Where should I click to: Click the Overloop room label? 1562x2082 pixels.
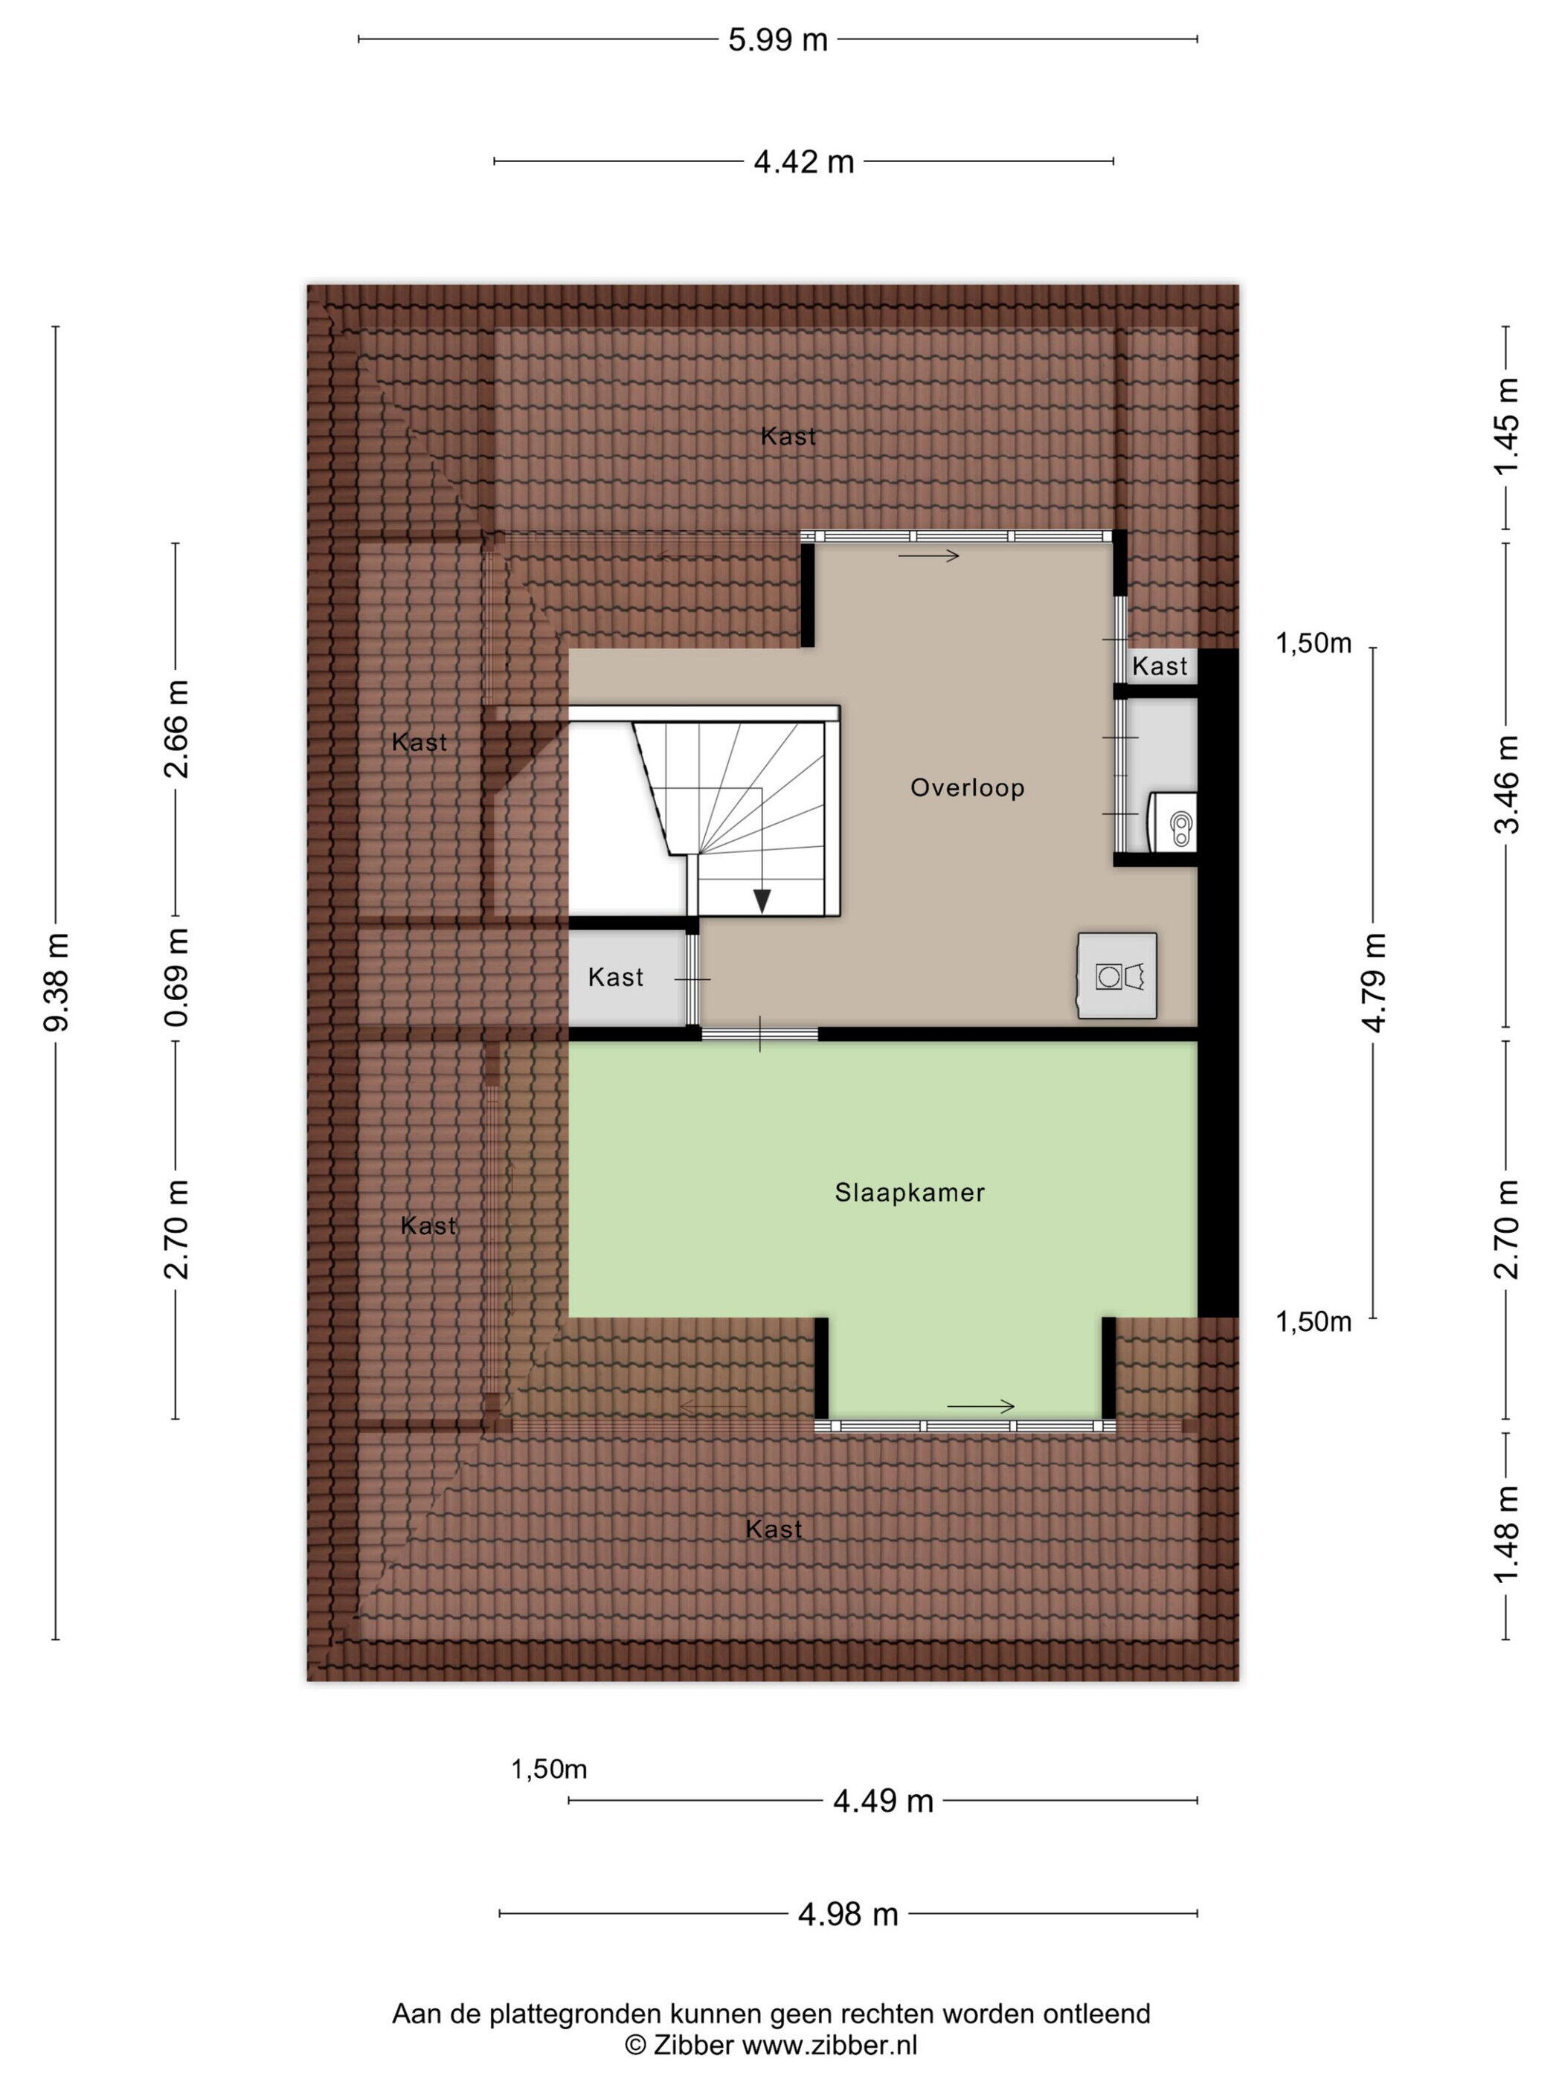[967, 787]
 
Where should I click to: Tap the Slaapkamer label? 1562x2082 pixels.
[910, 1193]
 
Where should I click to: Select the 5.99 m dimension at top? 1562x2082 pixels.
[778, 39]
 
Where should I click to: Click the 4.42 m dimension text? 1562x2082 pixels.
[803, 162]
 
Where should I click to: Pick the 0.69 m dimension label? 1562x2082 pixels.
[176, 976]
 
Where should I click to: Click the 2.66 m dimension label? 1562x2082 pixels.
[176, 729]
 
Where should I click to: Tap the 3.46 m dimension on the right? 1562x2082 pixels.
[1508, 784]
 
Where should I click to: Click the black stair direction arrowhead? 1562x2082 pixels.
[762, 900]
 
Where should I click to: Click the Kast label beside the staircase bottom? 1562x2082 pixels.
[616, 977]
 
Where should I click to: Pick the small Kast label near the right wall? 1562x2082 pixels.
[1160, 666]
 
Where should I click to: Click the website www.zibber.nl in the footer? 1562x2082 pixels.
[829, 2044]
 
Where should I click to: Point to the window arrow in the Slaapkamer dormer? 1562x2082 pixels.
[980, 1407]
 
